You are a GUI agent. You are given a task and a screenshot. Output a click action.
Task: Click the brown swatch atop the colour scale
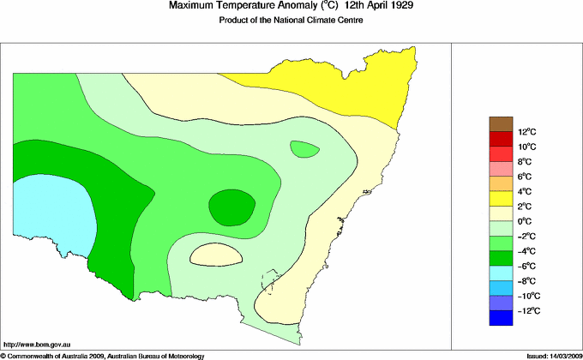coord(501,123)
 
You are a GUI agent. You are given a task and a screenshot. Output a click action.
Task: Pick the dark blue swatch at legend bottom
coord(501,318)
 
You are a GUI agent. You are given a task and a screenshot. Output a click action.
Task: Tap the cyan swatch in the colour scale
coord(501,273)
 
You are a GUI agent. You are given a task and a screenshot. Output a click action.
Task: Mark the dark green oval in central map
coord(231,207)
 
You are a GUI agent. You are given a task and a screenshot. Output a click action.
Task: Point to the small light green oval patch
coord(304,149)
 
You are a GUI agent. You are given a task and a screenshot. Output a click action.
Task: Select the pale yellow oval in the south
coord(214,254)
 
